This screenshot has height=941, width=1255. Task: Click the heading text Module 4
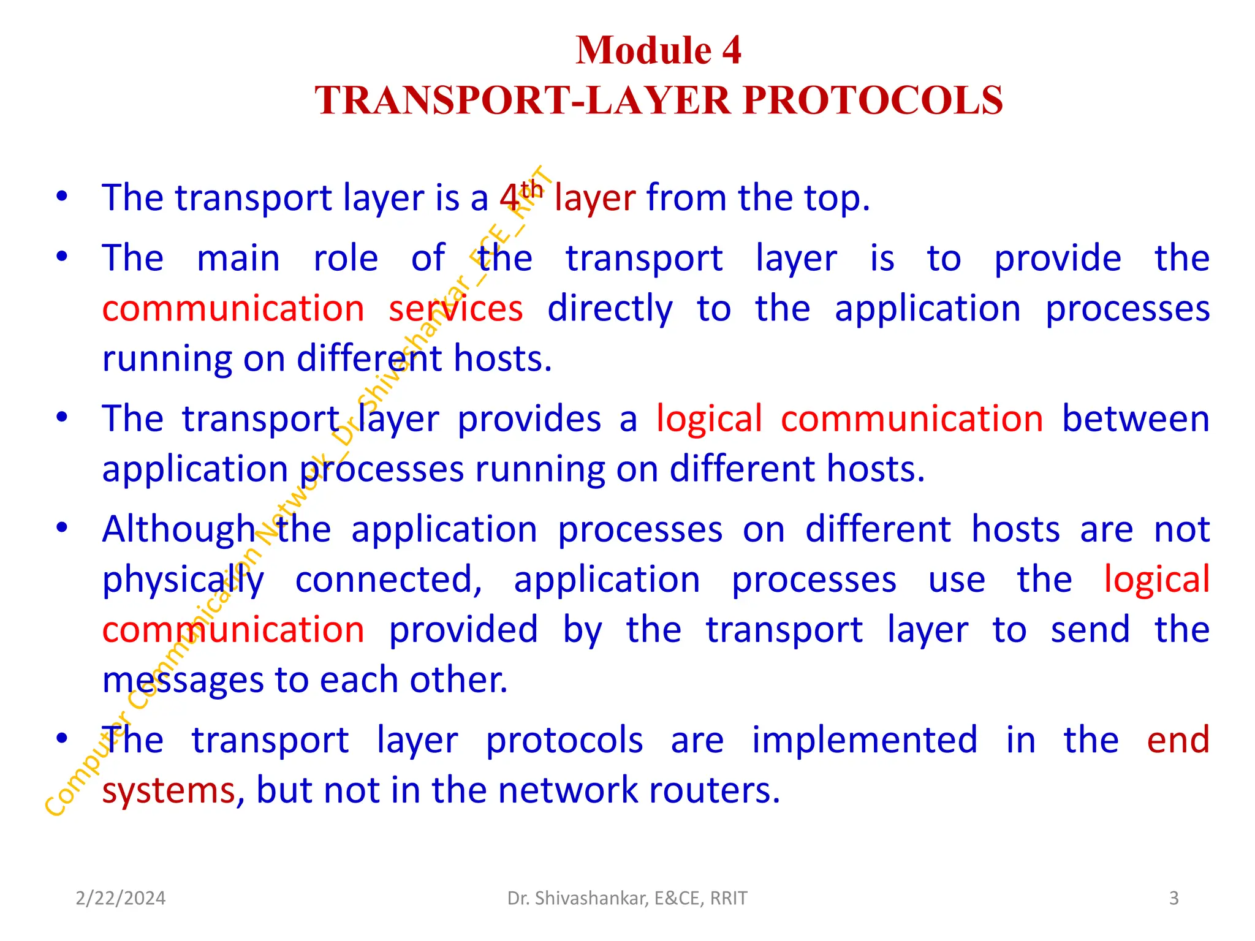(658, 50)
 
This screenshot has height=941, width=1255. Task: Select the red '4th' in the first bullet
(520, 197)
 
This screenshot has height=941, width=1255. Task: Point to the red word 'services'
(456, 308)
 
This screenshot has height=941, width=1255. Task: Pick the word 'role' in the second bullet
(346, 258)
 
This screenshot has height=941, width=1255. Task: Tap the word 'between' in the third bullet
(1136, 419)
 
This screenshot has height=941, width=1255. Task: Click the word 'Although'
(178, 530)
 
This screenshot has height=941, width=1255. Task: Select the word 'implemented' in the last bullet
(865, 740)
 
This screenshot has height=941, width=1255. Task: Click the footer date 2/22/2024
(121, 898)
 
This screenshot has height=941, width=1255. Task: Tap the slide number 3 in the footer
(1173, 898)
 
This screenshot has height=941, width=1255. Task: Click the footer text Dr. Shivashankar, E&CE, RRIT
(627, 898)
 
